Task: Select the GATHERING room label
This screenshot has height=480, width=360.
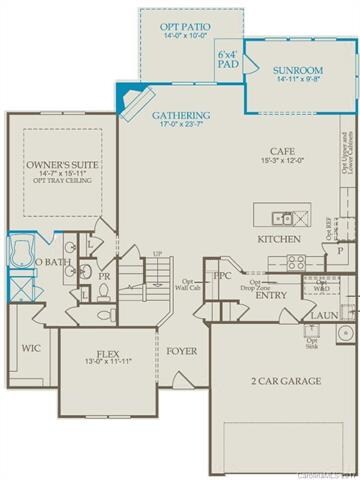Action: tap(180, 115)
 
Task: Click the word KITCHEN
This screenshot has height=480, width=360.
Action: tap(280, 240)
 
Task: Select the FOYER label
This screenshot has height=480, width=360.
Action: tap(181, 351)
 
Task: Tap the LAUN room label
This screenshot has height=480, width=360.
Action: tap(323, 315)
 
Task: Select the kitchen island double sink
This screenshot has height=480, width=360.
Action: tap(283, 216)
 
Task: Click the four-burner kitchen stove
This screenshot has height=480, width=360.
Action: tap(296, 262)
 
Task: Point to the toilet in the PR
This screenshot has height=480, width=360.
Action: tap(103, 293)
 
